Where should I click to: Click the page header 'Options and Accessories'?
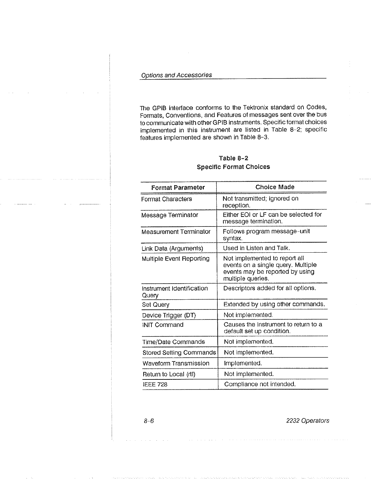(x=176, y=75)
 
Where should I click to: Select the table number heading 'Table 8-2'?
(x=233, y=158)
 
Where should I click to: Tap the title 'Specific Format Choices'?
(x=233, y=167)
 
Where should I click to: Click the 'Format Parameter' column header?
(x=178, y=187)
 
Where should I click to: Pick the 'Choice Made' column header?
(x=275, y=187)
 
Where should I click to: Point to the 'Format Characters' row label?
(x=167, y=199)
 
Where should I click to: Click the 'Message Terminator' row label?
(x=170, y=215)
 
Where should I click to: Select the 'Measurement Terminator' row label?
(x=176, y=232)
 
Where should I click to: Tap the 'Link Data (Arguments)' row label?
(x=172, y=248)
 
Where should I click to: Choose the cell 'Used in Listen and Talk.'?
(x=256, y=248)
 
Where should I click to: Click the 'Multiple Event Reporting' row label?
(x=175, y=259)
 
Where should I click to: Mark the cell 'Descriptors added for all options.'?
(x=269, y=288)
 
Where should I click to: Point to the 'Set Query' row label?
(x=156, y=305)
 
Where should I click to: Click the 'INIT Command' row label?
(x=163, y=325)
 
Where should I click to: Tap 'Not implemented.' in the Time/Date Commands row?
(x=248, y=342)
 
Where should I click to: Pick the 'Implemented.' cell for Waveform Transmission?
(x=243, y=363)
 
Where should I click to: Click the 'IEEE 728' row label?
(x=155, y=384)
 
